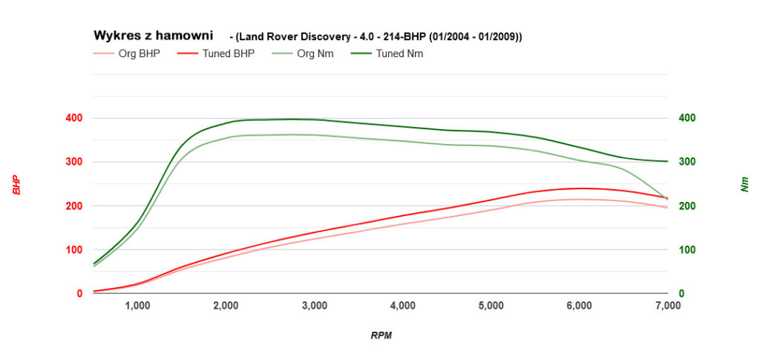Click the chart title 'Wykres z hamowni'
(153, 35)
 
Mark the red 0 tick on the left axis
(79, 293)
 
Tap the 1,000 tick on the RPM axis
(137, 305)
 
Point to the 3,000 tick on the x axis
(315, 305)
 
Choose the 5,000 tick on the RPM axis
(491, 305)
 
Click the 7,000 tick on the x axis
(668, 305)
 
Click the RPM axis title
(381, 336)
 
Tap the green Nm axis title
(745, 184)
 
